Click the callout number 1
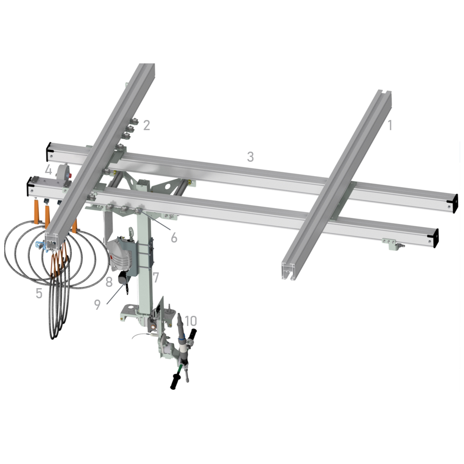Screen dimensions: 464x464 [x=390, y=125]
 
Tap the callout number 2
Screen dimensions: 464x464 [x=147, y=125]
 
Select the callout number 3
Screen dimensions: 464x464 [x=250, y=157]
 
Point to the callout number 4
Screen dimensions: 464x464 [x=49, y=170]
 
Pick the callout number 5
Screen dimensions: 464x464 [x=39, y=293]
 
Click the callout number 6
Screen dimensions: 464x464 [x=174, y=238]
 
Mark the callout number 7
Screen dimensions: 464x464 [x=156, y=277]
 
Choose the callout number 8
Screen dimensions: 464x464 [x=109, y=282]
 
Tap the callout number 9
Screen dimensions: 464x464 [x=98, y=305]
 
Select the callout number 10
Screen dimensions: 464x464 [x=191, y=321]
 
